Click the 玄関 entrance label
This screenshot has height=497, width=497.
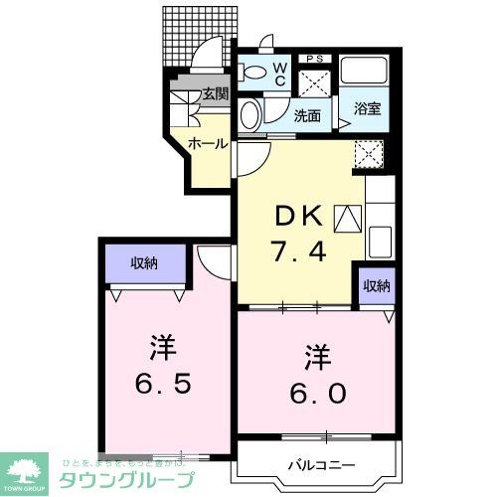tap(217, 95)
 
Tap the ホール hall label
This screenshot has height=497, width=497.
tap(208, 143)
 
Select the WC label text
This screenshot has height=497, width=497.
tap(280, 73)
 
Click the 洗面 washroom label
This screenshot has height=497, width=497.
tap(307, 115)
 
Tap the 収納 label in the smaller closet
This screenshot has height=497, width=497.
tap(376, 286)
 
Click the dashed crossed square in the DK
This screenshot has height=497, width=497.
tap(371, 152)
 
